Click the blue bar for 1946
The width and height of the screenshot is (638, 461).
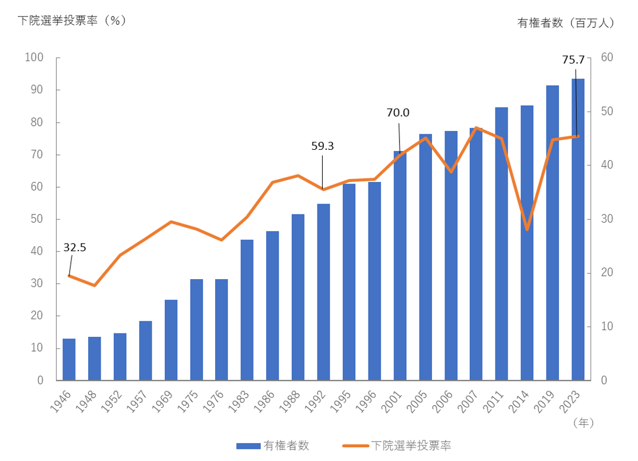click(x=69, y=359)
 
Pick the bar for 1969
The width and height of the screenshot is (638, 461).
click(x=171, y=340)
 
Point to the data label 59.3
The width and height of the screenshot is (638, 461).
click(x=322, y=146)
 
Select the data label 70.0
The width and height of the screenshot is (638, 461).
click(x=398, y=113)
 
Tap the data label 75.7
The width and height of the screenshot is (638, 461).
click(x=573, y=59)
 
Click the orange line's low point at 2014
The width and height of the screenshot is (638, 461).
click(x=527, y=229)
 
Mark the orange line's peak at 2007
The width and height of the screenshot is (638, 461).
click(x=476, y=128)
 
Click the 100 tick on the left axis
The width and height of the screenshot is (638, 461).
click(x=34, y=58)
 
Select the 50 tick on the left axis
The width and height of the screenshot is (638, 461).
click(x=37, y=219)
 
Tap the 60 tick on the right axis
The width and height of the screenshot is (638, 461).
click(x=607, y=58)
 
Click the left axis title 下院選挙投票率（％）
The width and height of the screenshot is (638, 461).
click(x=72, y=21)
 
